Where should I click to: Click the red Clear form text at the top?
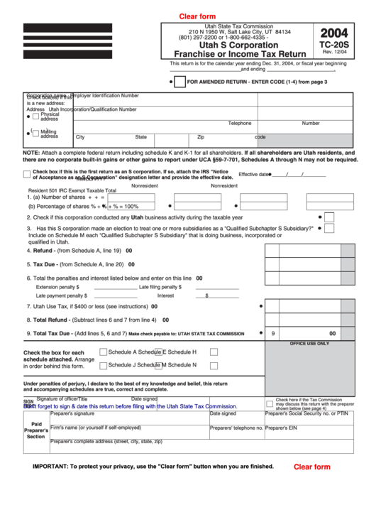point(197,16)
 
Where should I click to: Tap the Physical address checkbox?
point(35,116)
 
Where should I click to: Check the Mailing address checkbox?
point(35,133)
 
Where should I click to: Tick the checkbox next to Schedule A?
point(104,352)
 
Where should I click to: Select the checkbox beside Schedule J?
point(104,365)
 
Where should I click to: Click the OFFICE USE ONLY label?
point(309,343)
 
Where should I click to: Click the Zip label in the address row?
point(201,137)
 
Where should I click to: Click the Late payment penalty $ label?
point(62,295)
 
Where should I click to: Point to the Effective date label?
point(253,174)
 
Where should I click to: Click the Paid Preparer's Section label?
point(36,430)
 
